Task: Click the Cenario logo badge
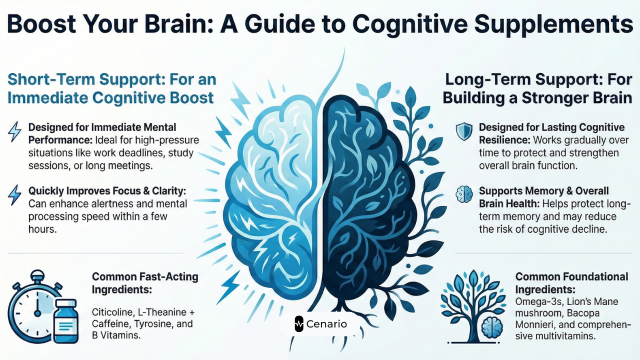[320, 324]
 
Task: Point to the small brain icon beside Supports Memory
[463, 193]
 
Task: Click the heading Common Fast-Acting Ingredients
[145, 282]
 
